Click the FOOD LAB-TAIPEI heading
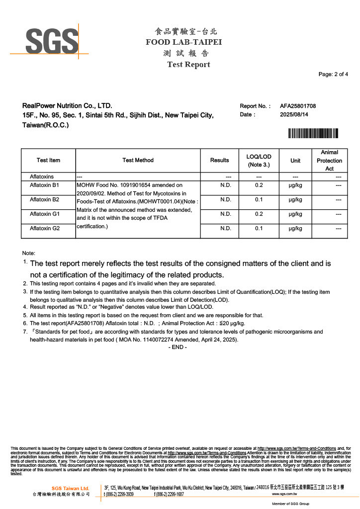183,42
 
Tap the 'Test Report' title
188,65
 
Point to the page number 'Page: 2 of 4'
333,75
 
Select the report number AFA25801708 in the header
298,106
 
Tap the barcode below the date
313,133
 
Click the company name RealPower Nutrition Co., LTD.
67,106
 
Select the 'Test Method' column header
138,160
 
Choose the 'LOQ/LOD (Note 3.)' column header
259,160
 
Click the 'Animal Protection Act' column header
329,160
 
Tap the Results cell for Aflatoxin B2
226,199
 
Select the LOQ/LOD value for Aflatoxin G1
259,214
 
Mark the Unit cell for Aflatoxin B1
295,185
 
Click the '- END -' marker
178,347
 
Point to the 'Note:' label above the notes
28,253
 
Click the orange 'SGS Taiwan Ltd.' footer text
70,488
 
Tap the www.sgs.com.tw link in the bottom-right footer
284,495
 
